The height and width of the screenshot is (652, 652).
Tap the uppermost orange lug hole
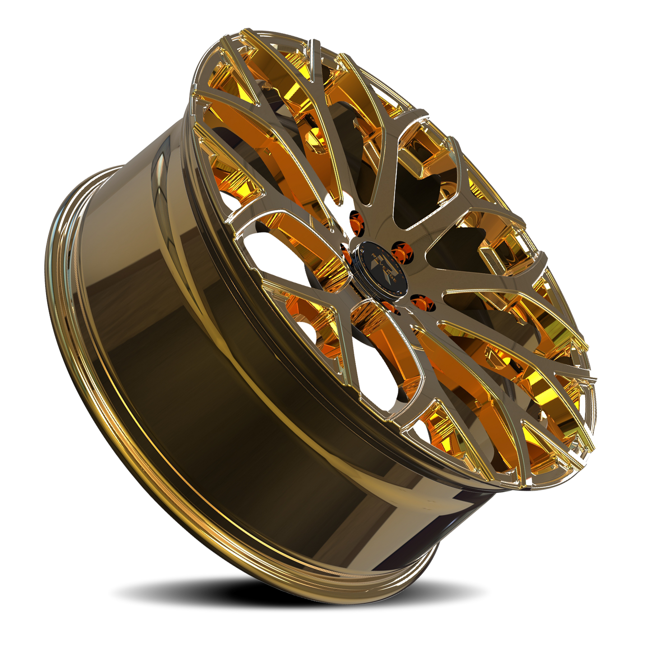[355, 220]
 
